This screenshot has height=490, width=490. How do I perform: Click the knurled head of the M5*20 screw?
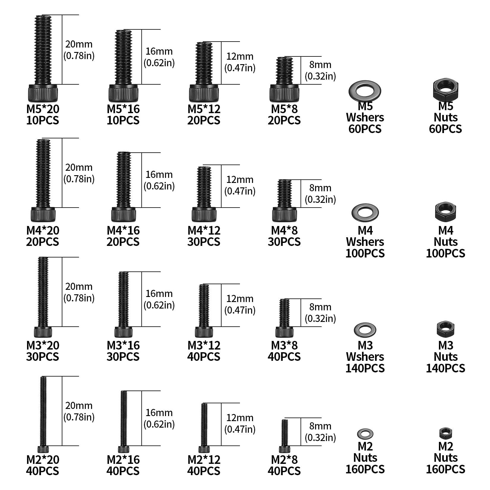pos(43,93)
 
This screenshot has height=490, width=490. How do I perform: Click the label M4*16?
pos(123,230)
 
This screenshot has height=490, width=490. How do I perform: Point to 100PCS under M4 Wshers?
pos(365,253)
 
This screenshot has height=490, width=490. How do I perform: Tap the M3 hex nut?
pos(446,329)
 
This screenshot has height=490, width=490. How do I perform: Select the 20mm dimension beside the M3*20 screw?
pos(79,287)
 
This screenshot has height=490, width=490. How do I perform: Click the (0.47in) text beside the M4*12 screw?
pos(240,191)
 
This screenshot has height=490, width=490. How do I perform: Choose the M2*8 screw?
pos(284,436)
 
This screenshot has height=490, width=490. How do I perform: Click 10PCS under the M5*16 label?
pos(123,120)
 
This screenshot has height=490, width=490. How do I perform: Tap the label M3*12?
pos(204,345)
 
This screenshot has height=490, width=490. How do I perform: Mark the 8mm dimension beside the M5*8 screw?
pos(320,65)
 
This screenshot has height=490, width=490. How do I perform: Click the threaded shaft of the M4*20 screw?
pos(43,173)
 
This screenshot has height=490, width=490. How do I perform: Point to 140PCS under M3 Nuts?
pos(445,368)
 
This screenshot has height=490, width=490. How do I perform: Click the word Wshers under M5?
pos(365,118)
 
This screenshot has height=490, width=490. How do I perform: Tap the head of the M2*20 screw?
pos(43,449)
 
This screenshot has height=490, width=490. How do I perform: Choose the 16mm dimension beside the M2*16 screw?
pos(159,413)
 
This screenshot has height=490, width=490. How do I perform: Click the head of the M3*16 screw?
pos(124,332)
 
